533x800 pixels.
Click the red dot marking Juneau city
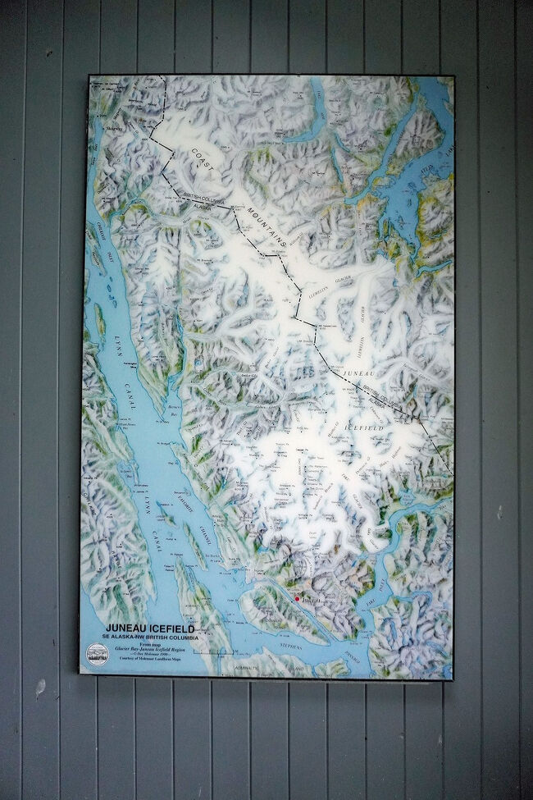coord(297,600)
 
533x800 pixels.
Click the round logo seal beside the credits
coord(97,655)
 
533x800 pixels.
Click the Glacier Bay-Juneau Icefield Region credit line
coord(156,653)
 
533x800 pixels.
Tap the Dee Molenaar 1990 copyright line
coord(156,660)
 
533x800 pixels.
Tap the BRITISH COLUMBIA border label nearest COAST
coord(204,198)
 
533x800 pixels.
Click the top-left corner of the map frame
coord(89,76)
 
